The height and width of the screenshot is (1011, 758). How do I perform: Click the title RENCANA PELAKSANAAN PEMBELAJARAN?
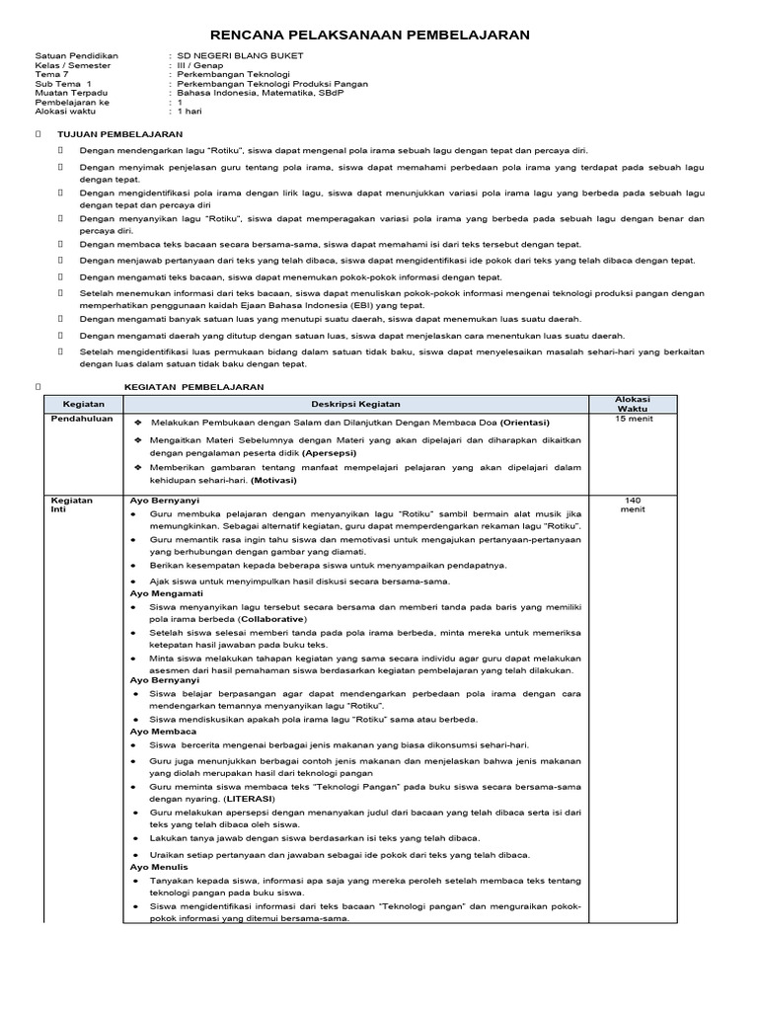(x=379, y=35)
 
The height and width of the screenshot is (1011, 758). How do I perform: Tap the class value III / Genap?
(x=202, y=65)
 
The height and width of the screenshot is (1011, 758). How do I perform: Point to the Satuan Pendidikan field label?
(x=76, y=56)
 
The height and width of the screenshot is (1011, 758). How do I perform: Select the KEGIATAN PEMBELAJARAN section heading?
(x=193, y=387)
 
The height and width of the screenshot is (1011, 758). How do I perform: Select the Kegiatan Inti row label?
(x=71, y=505)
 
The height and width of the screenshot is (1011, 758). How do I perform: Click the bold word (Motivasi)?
(x=274, y=480)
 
